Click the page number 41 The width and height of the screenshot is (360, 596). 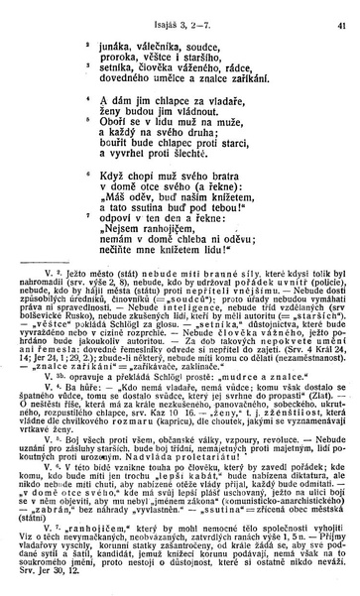(x=341, y=13)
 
